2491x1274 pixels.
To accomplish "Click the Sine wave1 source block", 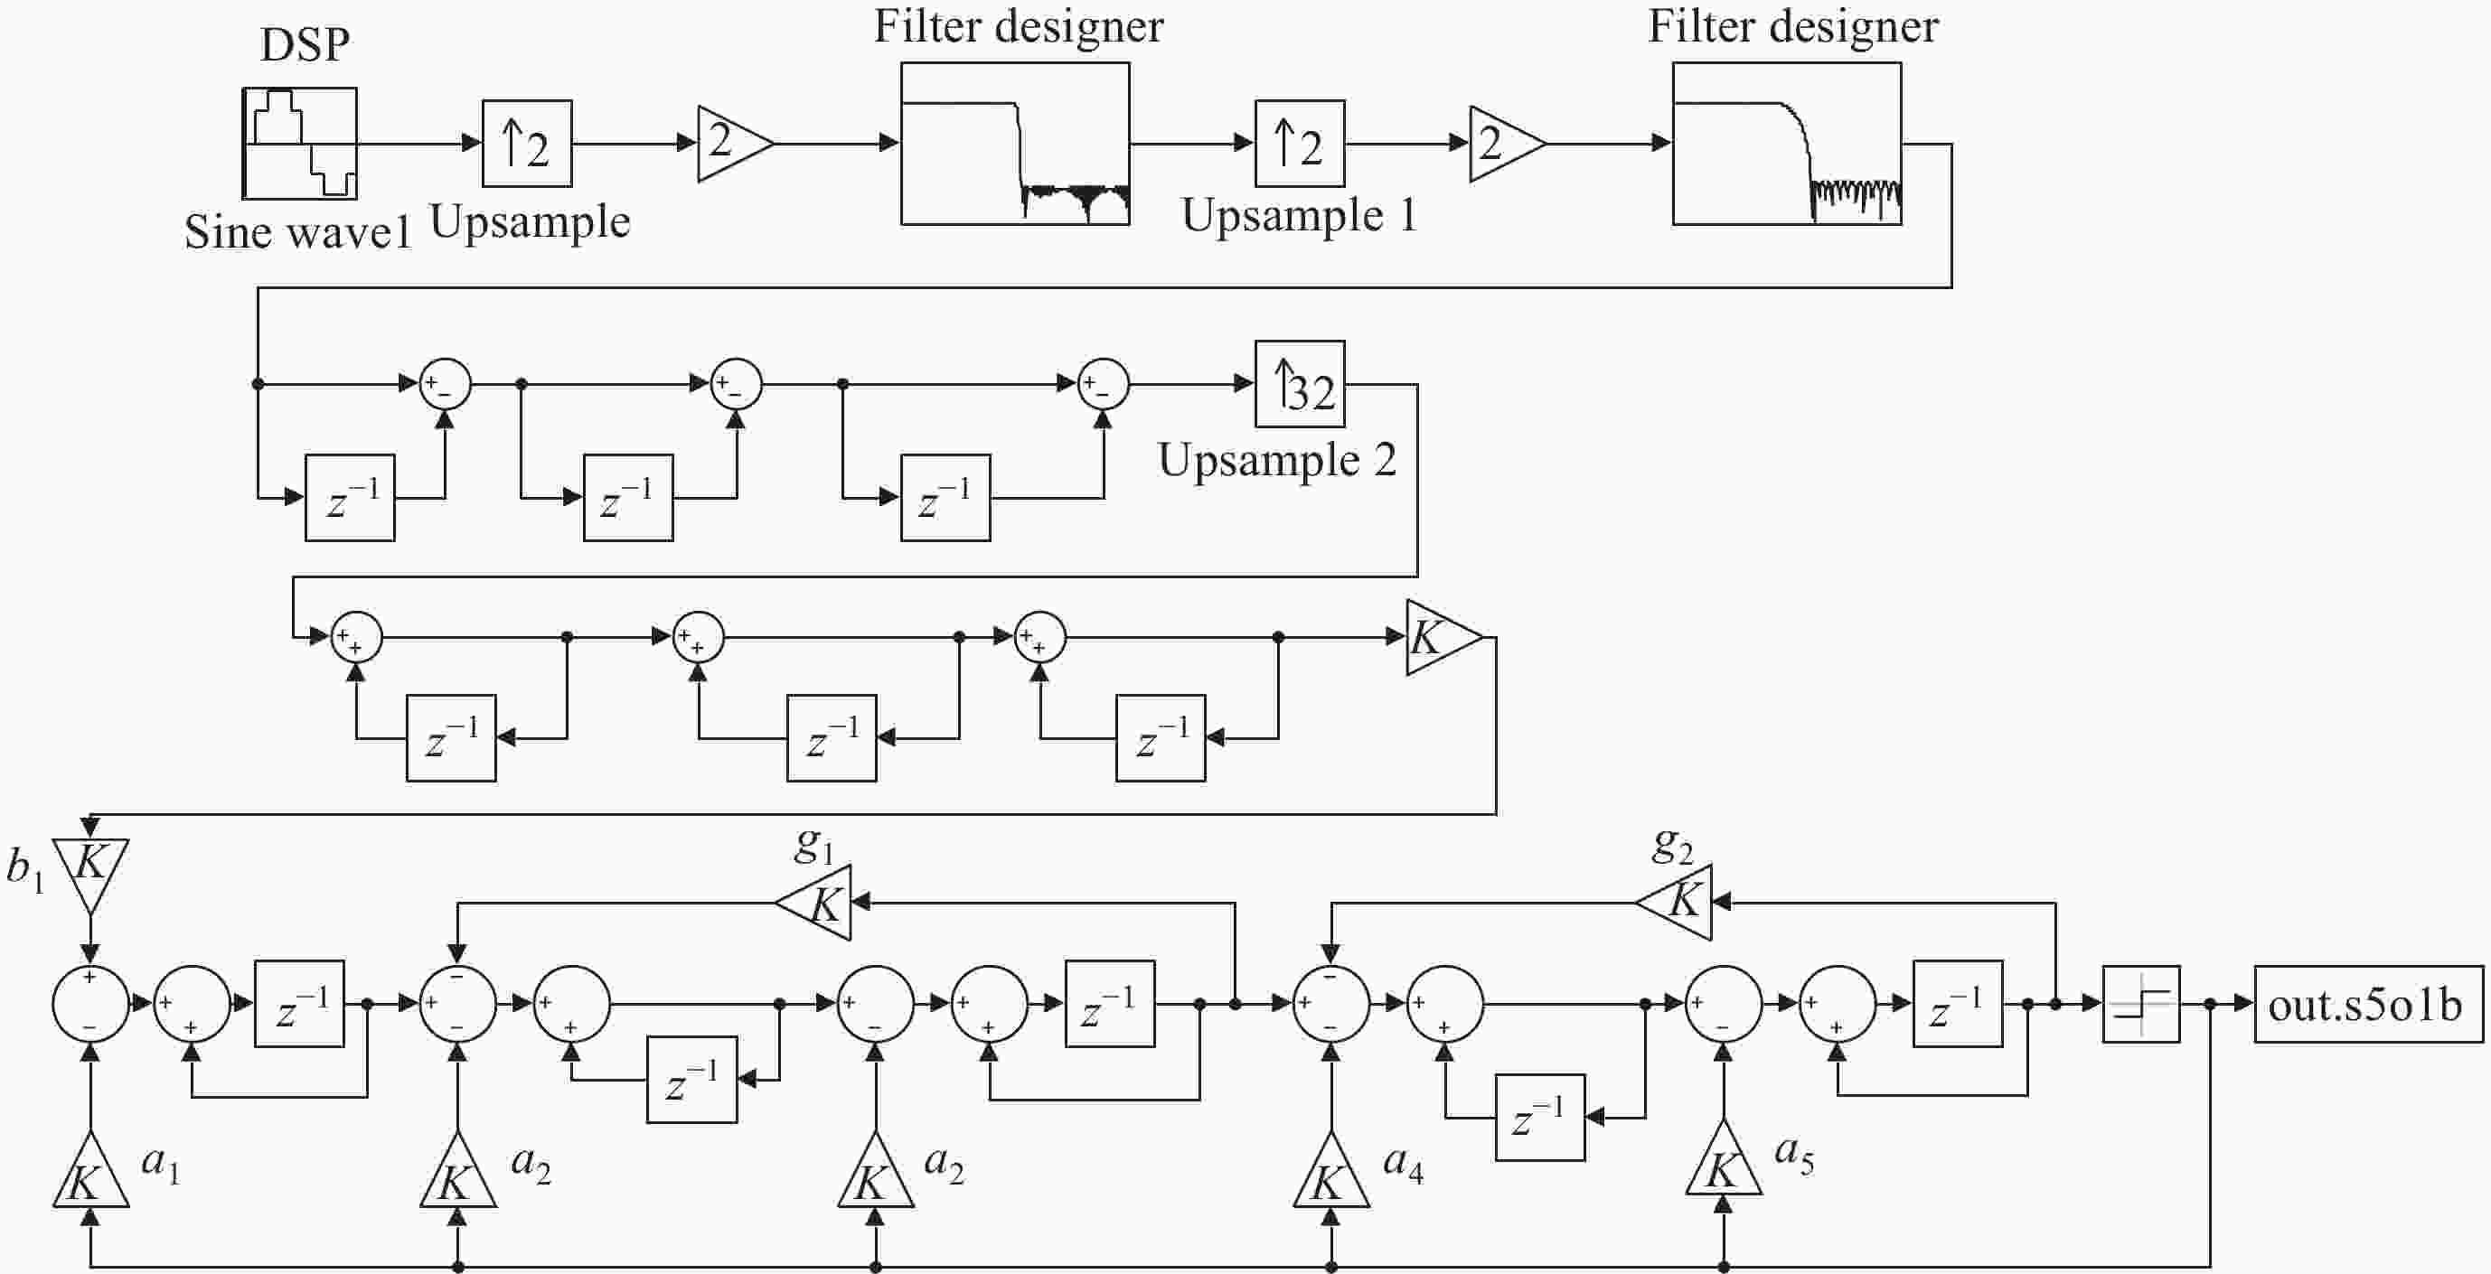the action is click(299, 143).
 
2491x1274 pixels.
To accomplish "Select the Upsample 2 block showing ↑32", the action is click(1300, 384).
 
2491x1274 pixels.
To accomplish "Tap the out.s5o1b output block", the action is click(2368, 1005).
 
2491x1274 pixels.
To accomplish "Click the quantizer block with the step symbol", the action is click(2141, 1005).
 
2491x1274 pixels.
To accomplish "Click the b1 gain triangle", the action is click(89, 873).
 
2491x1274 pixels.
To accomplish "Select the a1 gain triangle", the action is click(89, 1172).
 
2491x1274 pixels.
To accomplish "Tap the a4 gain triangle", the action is click(1330, 1172).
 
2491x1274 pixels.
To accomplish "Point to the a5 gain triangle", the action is click(1724, 1160).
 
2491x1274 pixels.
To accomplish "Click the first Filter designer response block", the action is click(1015, 144).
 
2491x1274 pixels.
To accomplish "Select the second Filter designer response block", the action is click(1787, 144).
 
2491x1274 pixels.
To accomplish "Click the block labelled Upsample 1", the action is click(1300, 143).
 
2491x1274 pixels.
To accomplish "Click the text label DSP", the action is click(305, 44).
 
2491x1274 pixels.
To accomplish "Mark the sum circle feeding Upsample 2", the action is click(1104, 385).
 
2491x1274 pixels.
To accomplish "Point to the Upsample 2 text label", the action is click(1276, 460).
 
